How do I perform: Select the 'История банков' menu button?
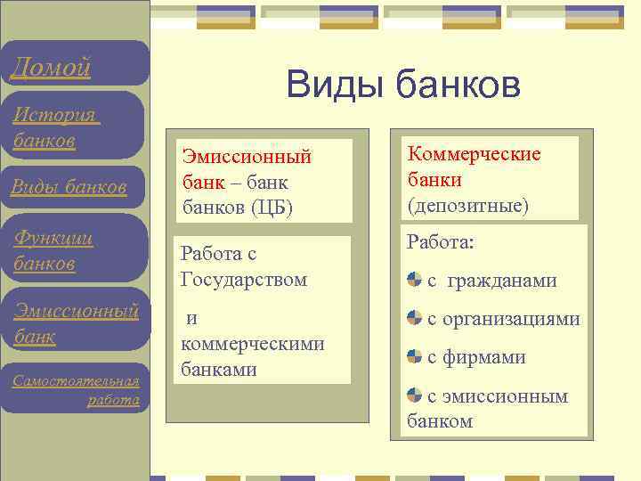point(55,128)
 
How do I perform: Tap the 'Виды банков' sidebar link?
point(68,186)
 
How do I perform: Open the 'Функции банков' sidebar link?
point(54,251)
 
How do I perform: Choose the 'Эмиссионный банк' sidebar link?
point(75,323)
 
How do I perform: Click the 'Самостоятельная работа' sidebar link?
point(77,390)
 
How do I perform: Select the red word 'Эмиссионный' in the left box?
point(247,158)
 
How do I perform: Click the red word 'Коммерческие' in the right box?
point(474,154)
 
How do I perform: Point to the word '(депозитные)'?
point(467,206)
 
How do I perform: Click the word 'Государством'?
point(243,280)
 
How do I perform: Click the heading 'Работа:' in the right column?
point(441,242)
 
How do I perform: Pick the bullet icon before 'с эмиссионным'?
point(415,395)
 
